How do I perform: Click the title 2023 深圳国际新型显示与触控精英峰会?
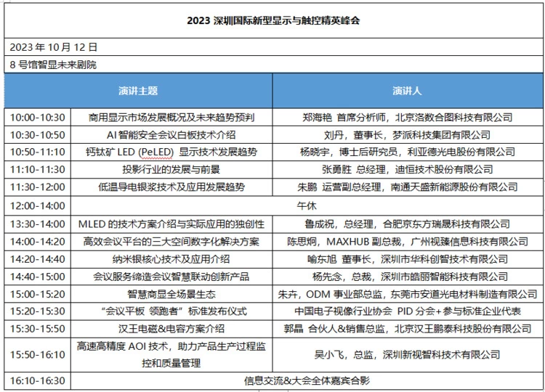272,20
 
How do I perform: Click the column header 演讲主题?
138,91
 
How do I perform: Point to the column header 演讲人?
407,91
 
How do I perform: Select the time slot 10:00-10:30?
38,117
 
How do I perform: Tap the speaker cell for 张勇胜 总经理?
407,169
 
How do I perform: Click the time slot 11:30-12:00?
38,187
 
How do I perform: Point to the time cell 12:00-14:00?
38,205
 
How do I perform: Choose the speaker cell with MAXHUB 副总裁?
407,241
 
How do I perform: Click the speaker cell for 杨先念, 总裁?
407,276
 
